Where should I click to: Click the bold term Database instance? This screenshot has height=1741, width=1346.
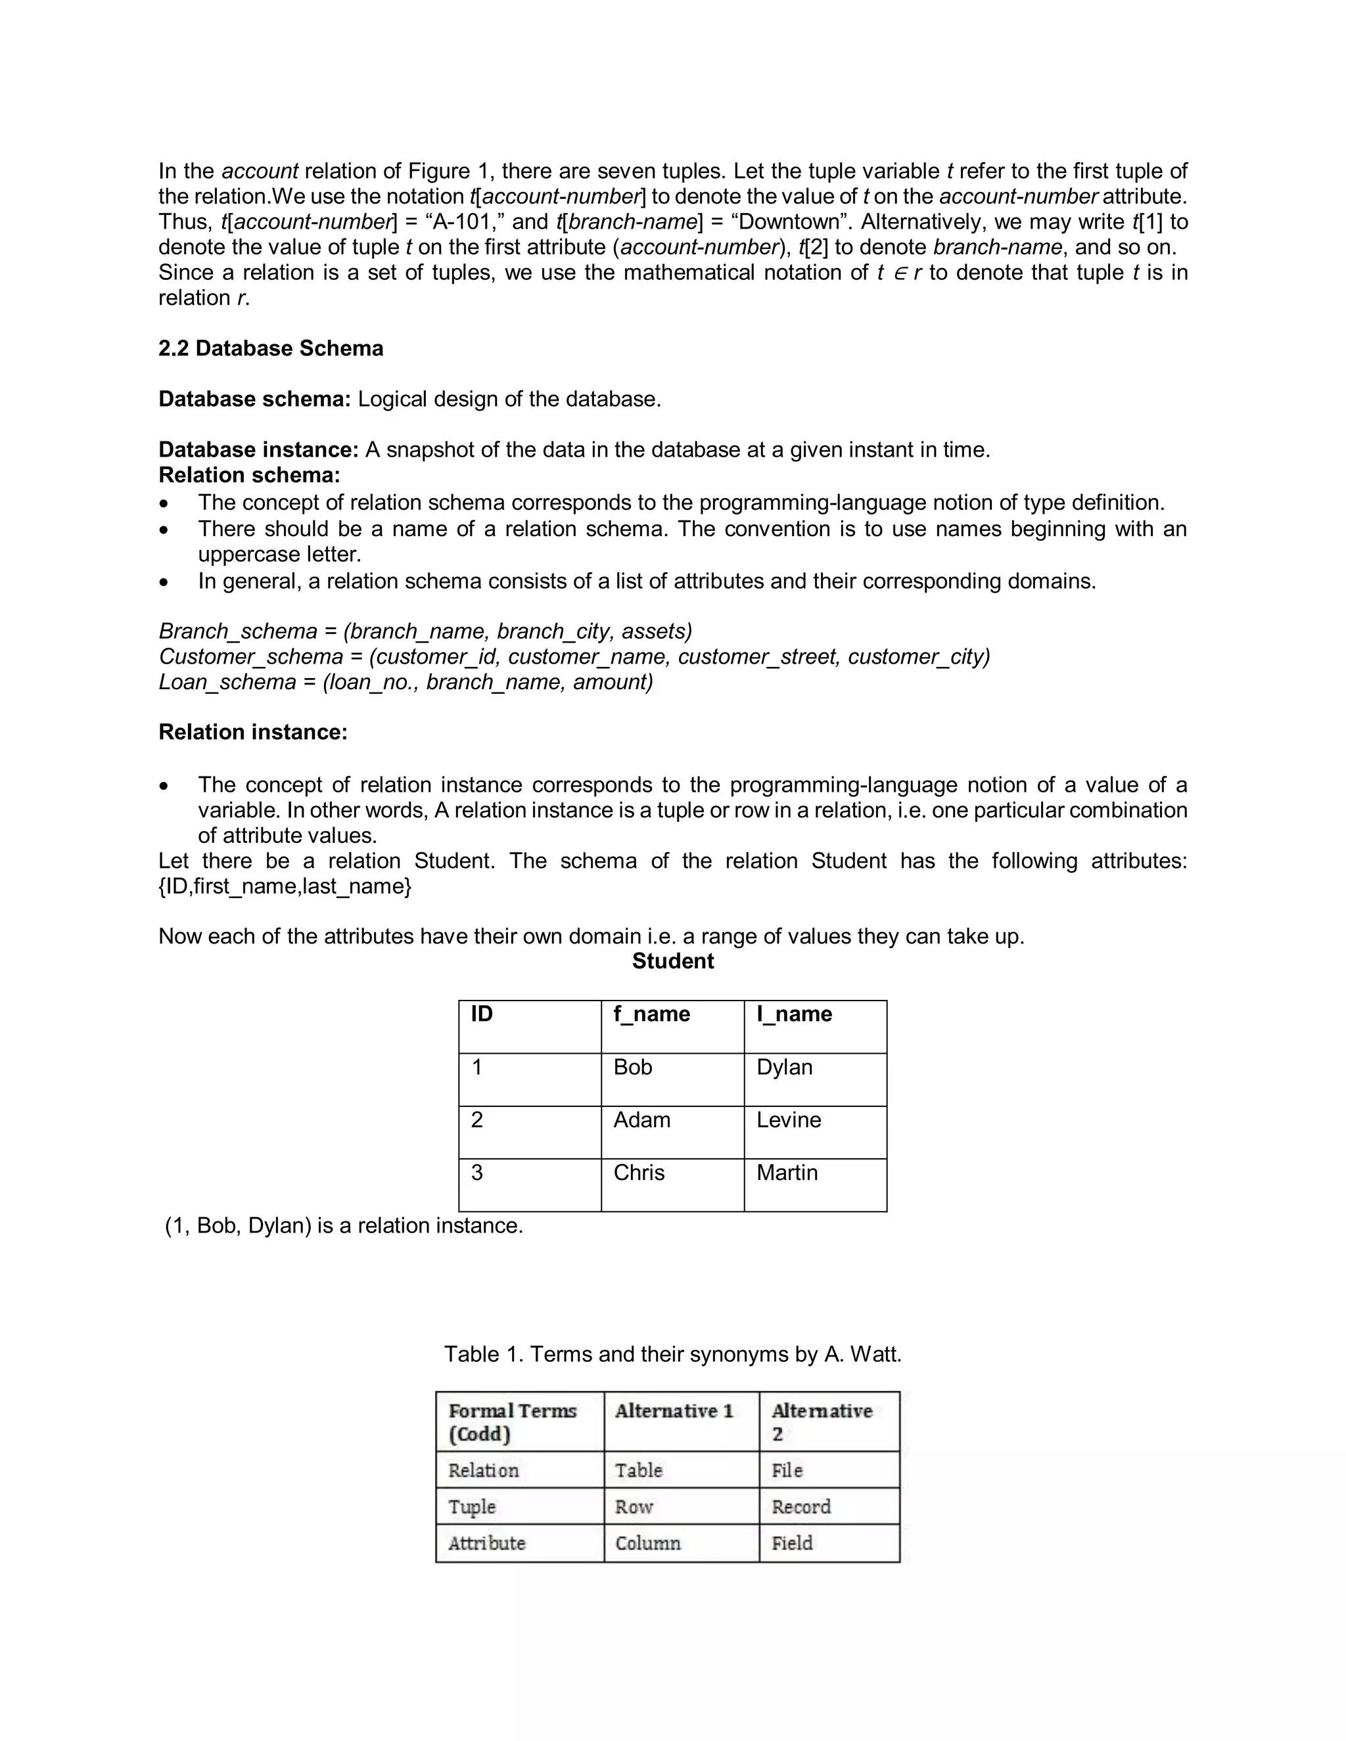(x=258, y=449)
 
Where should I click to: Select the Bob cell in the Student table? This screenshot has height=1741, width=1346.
(x=632, y=1068)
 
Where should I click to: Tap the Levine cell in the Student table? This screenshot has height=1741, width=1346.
(x=788, y=1120)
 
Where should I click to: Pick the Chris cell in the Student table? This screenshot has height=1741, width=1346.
(x=639, y=1173)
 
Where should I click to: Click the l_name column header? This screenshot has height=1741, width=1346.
(x=793, y=1014)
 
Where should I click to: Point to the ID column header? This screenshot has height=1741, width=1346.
(x=482, y=1014)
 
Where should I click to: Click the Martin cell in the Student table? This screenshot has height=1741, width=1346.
(x=786, y=1173)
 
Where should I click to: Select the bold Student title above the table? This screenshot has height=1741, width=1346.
(x=672, y=961)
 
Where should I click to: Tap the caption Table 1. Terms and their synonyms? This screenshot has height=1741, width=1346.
(x=672, y=1355)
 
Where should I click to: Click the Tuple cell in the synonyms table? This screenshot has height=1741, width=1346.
(x=472, y=1506)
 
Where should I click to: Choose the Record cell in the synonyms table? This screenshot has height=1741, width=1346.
(x=801, y=1506)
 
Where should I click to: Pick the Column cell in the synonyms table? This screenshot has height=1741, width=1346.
(x=647, y=1543)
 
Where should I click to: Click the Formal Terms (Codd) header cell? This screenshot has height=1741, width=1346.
(x=512, y=1422)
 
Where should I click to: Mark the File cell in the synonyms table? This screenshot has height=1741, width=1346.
(x=787, y=1470)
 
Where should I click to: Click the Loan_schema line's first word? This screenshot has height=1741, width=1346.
(x=227, y=683)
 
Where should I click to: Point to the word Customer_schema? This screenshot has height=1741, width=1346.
(x=250, y=657)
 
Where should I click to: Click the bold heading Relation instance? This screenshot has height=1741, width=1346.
(x=253, y=733)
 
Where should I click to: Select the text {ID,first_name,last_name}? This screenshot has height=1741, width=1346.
(x=285, y=886)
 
